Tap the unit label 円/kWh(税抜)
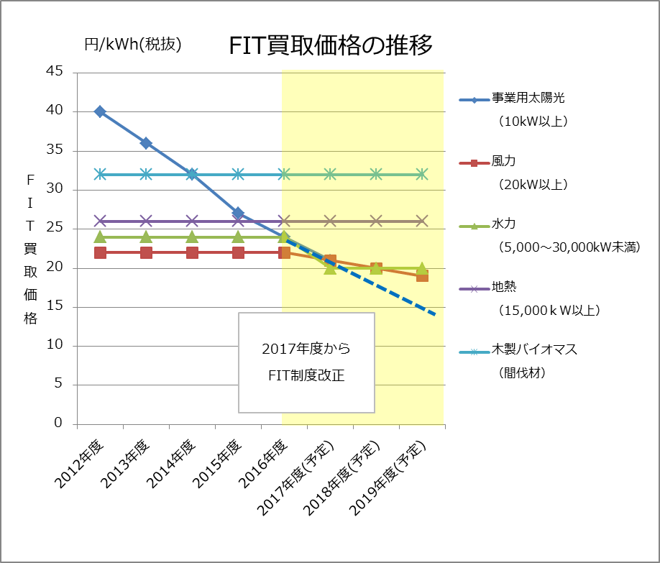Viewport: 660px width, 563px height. click(x=133, y=45)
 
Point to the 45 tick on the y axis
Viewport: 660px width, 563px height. click(x=55, y=72)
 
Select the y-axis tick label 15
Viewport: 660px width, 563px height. click(x=55, y=307)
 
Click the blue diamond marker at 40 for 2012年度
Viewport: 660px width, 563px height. click(x=100, y=111)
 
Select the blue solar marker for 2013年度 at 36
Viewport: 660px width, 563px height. click(x=146, y=143)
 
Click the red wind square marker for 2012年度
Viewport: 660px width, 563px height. click(x=100, y=252)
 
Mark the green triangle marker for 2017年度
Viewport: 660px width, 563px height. click(x=330, y=267)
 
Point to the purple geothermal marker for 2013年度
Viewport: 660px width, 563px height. click(x=146, y=221)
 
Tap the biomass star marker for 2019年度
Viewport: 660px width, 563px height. click(x=422, y=174)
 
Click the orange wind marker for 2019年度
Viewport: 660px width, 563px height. click(x=422, y=275)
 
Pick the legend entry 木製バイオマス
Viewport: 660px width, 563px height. click(x=534, y=350)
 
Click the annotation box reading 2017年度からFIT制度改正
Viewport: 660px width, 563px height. click(x=306, y=362)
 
